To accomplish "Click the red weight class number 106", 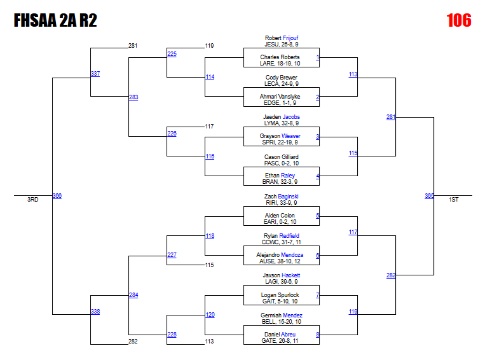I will click(x=458, y=20).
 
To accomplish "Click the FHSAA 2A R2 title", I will click(x=55, y=21).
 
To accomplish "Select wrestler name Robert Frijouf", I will click(x=282, y=38).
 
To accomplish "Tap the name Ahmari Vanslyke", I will click(x=282, y=97).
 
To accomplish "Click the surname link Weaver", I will click(x=291, y=136).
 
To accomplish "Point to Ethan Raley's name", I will click(x=282, y=176).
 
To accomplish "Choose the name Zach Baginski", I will click(x=282, y=197).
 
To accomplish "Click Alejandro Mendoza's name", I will click(x=282, y=255).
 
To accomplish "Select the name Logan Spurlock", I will click(x=280, y=295).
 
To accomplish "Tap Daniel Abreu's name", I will click(x=280, y=335).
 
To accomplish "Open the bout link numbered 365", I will click(x=430, y=196).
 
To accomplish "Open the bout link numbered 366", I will click(x=57, y=196).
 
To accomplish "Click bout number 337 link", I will click(x=95, y=74).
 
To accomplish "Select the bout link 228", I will click(x=172, y=335).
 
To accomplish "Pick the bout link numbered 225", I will click(x=172, y=54).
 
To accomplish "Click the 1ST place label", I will click(x=454, y=200).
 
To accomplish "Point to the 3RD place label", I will click(x=32, y=200).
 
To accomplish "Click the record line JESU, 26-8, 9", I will click(x=282, y=45).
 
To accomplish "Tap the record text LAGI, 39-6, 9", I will click(x=282, y=282).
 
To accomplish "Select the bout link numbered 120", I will click(x=210, y=315).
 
